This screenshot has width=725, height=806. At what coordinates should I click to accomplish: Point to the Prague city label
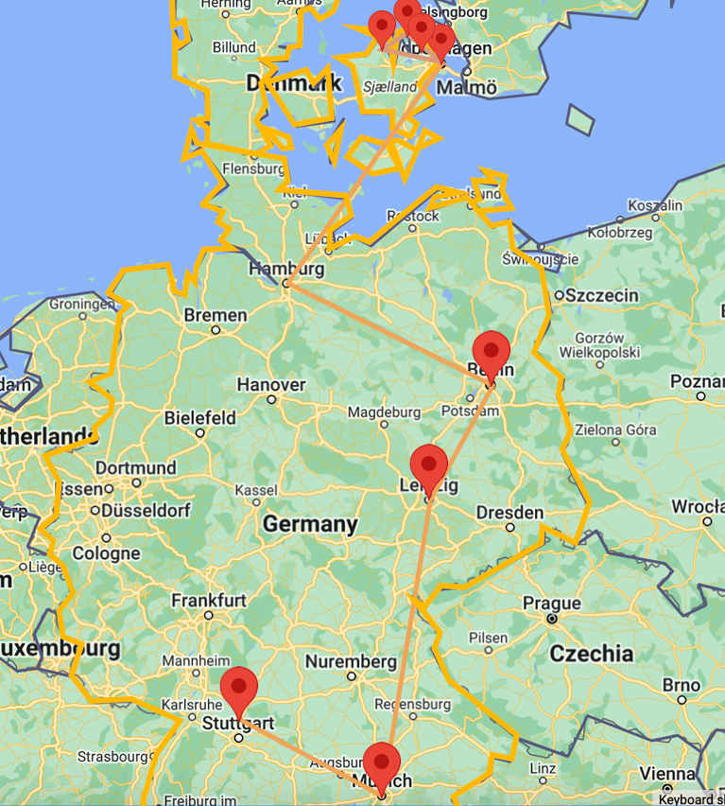[552, 604]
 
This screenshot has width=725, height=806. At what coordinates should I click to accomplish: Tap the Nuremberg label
[350, 660]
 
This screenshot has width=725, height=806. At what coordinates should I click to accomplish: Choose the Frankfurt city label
[209, 600]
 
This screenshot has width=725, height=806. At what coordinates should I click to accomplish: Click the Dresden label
[510, 513]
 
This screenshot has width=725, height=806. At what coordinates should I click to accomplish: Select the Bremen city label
[216, 315]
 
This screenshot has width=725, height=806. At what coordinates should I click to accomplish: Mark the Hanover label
[271, 385]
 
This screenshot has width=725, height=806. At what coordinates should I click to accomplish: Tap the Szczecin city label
[604, 295]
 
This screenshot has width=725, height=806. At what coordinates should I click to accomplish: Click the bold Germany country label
[310, 524]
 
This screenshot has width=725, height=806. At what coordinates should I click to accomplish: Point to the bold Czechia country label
[592, 653]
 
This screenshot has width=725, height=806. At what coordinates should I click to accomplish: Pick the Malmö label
[468, 87]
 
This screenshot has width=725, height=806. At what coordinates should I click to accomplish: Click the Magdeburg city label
[384, 412]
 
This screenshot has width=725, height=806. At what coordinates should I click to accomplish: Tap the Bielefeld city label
[200, 417]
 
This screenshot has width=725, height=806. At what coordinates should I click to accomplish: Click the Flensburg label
[253, 169]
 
